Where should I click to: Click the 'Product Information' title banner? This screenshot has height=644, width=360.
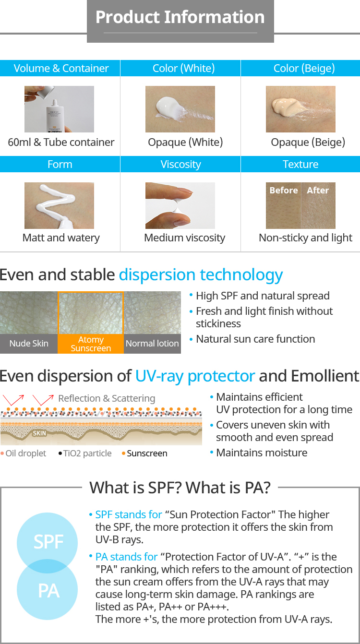(x=180, y=21)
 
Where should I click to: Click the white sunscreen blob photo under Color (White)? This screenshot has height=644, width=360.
(x=180, y=109)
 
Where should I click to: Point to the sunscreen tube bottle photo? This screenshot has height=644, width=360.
(x=59, y=109)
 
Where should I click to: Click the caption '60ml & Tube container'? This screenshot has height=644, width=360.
(x=61, y=143)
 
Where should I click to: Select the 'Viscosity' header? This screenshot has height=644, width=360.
(x=180, y=164)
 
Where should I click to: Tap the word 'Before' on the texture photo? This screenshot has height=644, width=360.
(x=284, y=191)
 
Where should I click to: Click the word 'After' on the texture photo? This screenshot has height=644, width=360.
(x=318, y=191)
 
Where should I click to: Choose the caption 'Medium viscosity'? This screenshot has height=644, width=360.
(x=185, y=238)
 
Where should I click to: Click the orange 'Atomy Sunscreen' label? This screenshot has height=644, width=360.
(x=91, y=344)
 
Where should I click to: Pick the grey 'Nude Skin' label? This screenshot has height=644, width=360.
(x=29, y=344)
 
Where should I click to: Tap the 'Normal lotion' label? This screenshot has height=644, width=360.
(x=152, y=344)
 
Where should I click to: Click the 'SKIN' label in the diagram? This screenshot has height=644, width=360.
(x=39, y=433)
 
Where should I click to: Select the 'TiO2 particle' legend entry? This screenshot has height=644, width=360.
(x=85, y=453)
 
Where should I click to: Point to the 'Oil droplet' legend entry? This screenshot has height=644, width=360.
(x=24, y=453)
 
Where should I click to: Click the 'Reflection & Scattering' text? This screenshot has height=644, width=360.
(x=107, y=398)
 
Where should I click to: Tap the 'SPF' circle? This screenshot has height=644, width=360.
(x=48, y=542)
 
